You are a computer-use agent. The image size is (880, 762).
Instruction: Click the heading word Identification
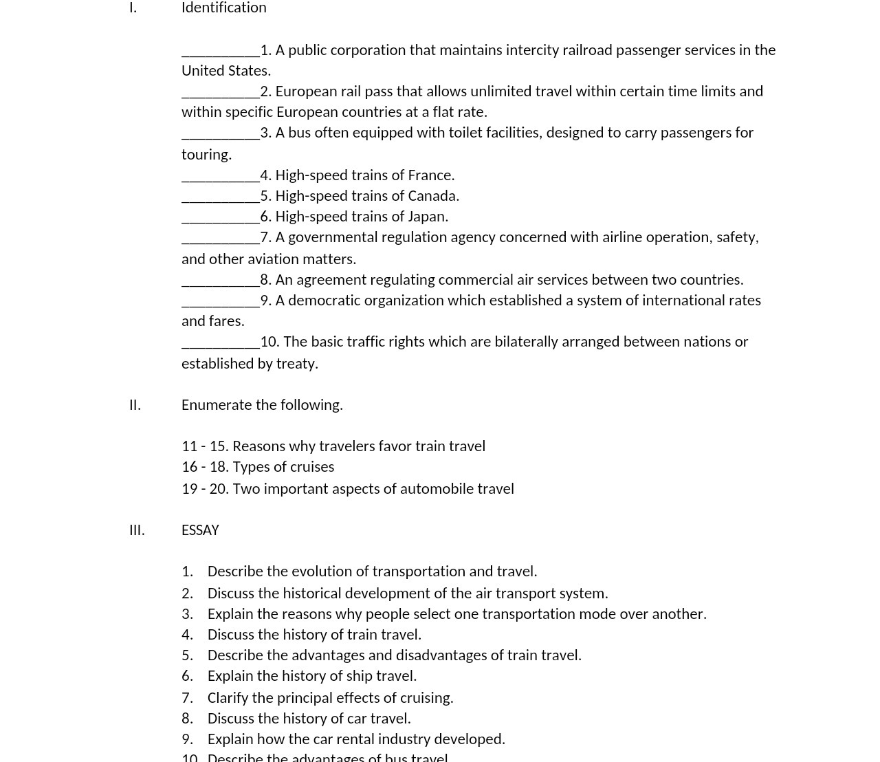(x=223, y=8)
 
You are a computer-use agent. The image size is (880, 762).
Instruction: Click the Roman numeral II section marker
(x=135, y=405)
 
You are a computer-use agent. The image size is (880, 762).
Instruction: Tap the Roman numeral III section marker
(x=137, y=530)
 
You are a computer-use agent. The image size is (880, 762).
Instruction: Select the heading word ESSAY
(x=200, y=530)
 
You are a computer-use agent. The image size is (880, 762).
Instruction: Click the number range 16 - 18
(x=204, y=467)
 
